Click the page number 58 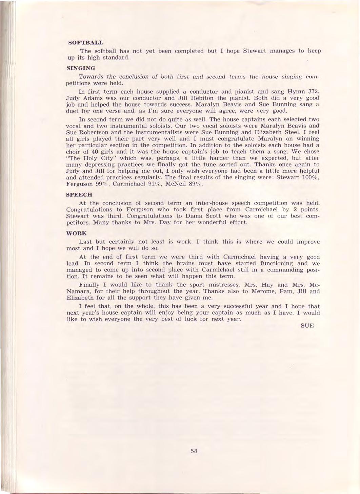tap(194, 451)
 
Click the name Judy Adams tap(81, 98)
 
